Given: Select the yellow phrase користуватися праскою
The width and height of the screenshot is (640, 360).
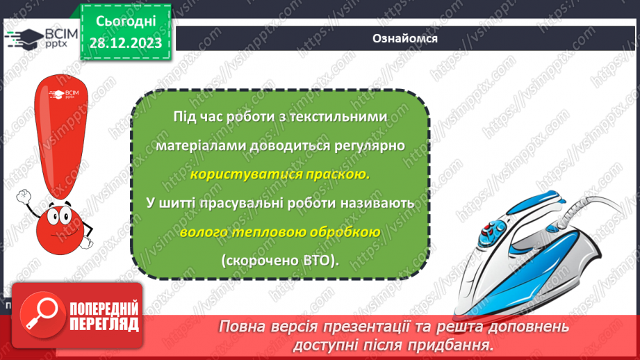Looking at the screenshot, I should (279, 174).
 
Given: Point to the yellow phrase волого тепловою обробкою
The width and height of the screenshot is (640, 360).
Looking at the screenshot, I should (279, 232).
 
